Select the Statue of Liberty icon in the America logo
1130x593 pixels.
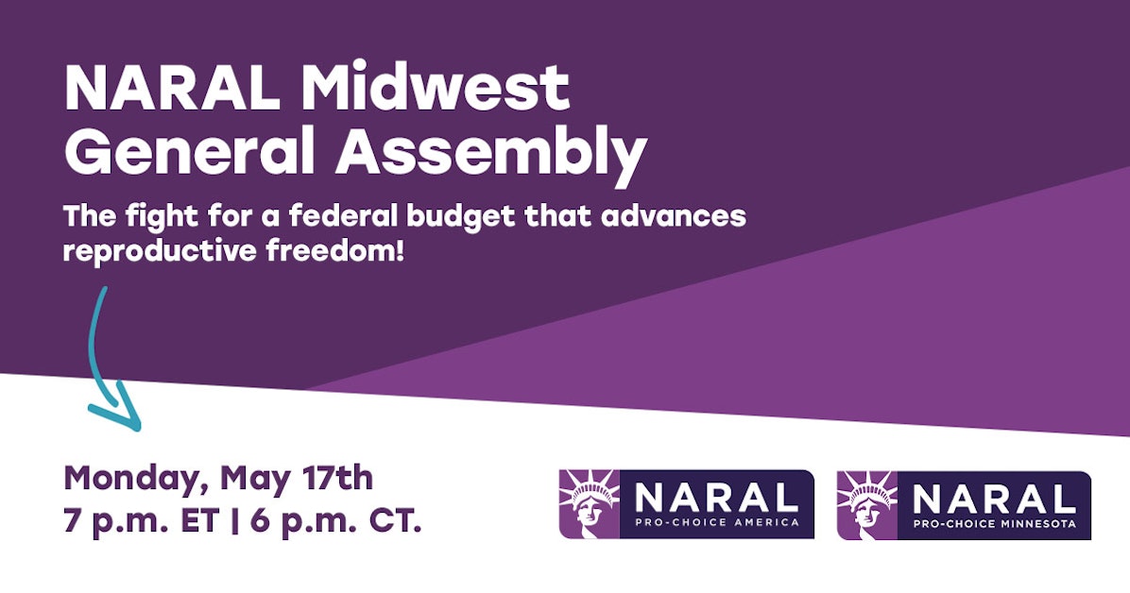pyautogui.click(x=590, y=504)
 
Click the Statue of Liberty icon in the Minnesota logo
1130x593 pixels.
pyautogui.click(x=866, y=504)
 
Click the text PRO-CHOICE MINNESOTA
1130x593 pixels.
pyautogui.click(x=994, y=522)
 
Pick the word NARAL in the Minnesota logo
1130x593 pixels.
pyautogui.click(x=994, y=498)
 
